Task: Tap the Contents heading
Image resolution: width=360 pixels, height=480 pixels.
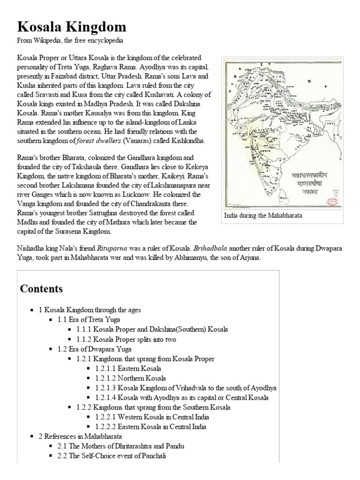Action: click(x=41, y=288)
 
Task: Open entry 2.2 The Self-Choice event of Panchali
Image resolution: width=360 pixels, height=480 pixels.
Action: click(x=112, y=456)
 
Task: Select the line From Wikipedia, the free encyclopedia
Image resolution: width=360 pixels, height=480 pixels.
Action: click(x=70, y=41)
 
